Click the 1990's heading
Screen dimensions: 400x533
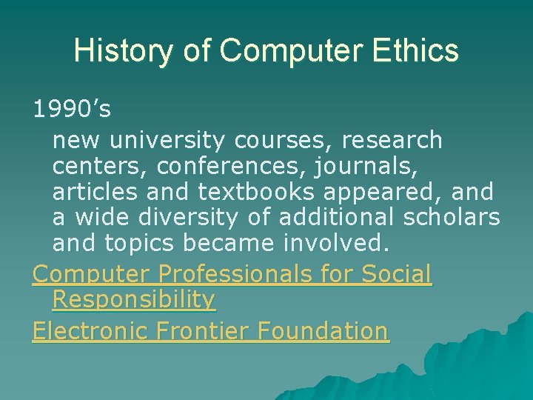(x=72, y=110)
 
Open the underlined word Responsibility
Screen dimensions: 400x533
(x=134, y=300)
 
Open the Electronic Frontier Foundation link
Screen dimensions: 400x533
(x=210, y=330)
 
